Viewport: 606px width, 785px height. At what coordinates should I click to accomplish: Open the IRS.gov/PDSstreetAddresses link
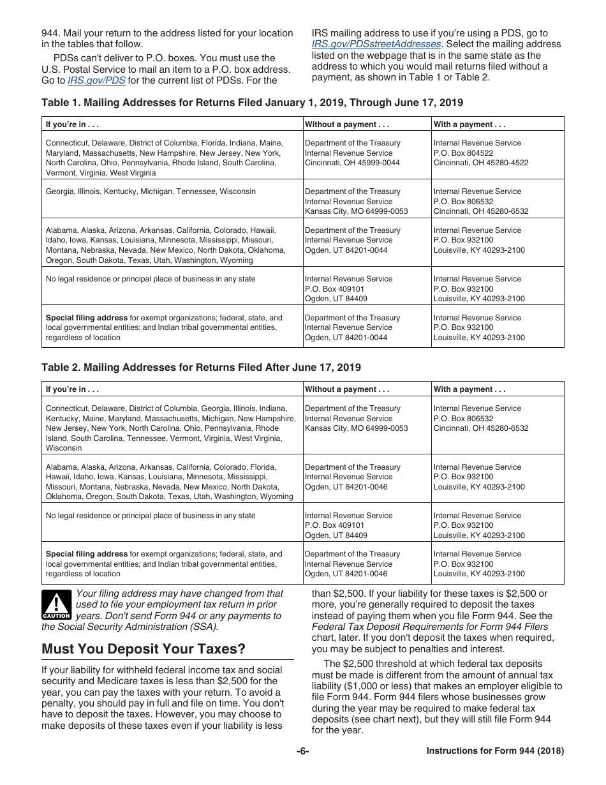tap(376, 44)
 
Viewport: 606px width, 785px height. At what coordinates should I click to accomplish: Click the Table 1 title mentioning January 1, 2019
tap(252, 103)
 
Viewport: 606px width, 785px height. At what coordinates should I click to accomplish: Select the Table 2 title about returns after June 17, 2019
tap(201, 368)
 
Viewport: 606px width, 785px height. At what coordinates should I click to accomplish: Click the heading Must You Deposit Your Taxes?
tap(144, 649)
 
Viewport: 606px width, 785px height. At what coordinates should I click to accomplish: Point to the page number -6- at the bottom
tap(302, 751)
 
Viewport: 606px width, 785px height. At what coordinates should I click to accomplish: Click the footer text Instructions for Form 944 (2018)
tap(495, 751)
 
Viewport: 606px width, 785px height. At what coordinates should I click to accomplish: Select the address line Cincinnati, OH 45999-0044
tap(352, 163)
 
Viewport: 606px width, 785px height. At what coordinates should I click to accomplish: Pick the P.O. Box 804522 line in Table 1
tap(463, 153)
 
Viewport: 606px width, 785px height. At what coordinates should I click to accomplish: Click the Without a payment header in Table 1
tap(347, 124)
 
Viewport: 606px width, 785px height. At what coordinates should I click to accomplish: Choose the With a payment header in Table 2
tap(469, 389)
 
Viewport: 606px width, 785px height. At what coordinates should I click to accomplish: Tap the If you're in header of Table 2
tap(72, 389)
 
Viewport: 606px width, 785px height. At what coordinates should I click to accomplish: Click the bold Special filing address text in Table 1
tap(87, 318)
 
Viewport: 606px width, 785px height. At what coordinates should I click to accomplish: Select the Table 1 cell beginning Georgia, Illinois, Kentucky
tap(151, 191)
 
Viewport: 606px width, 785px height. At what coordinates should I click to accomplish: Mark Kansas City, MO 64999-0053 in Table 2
tap(356, 428)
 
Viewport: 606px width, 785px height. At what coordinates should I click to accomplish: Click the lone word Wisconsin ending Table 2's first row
tap(64, 448)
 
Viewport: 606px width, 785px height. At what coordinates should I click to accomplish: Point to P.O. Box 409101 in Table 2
tap(336, 525)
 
